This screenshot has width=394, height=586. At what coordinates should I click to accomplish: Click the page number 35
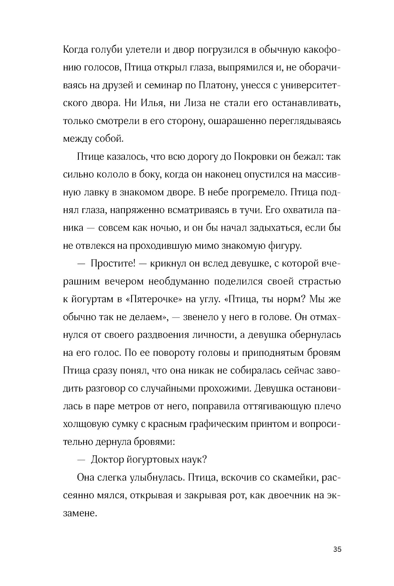click(337, 549)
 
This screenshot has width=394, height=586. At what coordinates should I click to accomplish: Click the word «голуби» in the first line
click(106, 50)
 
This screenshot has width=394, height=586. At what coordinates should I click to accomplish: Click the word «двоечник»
click(282, 495)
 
